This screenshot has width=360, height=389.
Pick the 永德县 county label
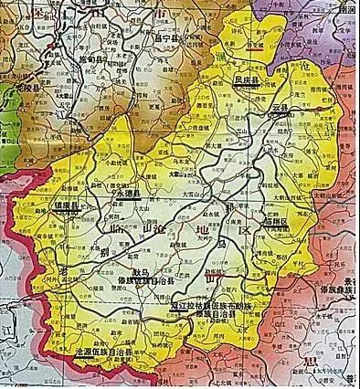tap(126, 193)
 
